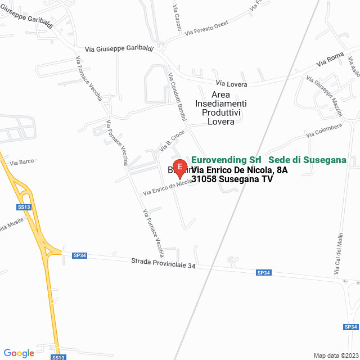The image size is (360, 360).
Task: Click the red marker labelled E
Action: click(179, 167)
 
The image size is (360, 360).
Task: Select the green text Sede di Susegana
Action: click(307, 160)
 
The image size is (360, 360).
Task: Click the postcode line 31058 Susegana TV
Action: click(232, 179)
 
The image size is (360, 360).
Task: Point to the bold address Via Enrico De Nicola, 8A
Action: click(240, 170)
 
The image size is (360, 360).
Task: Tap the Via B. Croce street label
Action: click(172, 141)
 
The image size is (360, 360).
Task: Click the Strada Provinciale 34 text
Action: click(163, 263)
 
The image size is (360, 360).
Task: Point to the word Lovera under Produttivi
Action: click(221, 122)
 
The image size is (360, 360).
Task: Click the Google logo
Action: click(19, 353)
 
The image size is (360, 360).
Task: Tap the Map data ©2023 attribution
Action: click(335, 355)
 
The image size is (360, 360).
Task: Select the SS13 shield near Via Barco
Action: click(24, 207)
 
